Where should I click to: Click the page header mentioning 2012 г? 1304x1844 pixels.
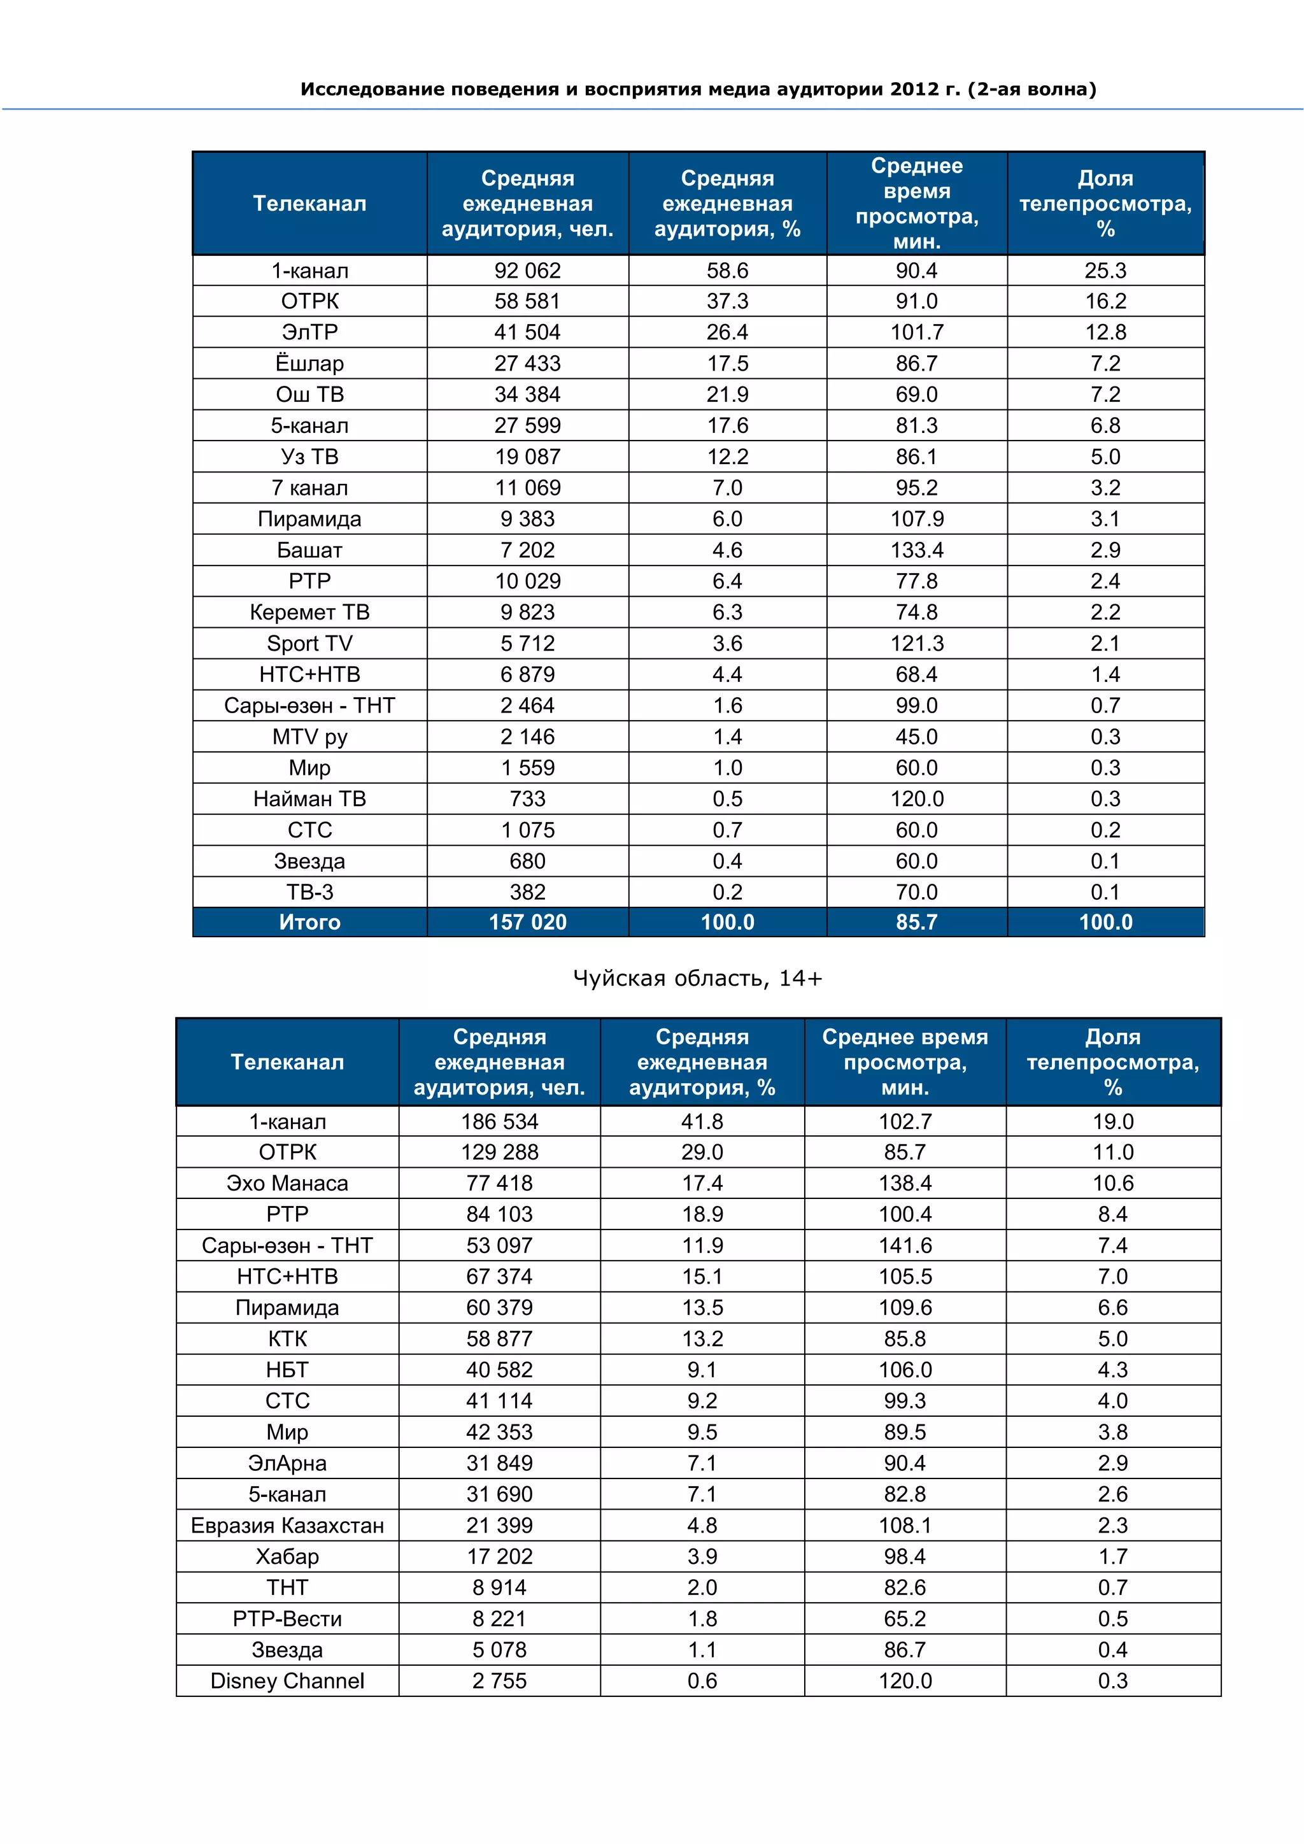point(698,89)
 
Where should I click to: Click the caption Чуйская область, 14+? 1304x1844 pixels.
point(697,977)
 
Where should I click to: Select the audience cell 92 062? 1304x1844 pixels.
point(528,271)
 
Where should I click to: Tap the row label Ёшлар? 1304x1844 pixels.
point(309,364)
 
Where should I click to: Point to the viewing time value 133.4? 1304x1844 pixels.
point(916,550)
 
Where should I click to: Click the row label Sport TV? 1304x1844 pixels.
point(309,643)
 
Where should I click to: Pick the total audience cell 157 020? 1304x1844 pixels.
point(528,922)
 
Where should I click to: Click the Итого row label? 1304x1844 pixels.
point(309,922)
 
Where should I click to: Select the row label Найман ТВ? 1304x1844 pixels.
point(309,799)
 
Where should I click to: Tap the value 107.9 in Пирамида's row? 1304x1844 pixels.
point(916,519)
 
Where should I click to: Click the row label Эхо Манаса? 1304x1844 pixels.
point(287,1183)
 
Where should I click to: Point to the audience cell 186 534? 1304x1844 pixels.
point(499,1121)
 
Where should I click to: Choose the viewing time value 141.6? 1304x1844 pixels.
point(905,1245)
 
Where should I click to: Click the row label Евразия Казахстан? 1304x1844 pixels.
point(287,1525)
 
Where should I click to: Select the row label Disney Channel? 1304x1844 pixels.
point(287,1681)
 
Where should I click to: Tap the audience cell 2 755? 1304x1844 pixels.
point(499,1681)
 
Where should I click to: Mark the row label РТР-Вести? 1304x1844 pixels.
point(287,1619)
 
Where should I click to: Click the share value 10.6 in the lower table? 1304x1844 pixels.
point(1112,1183)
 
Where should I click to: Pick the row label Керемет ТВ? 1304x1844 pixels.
point(309,612)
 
